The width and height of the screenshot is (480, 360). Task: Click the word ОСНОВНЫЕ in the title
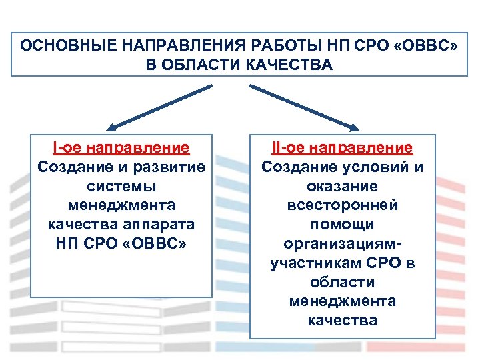click(61, 46)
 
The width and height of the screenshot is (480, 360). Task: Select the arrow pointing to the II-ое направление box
click(303, 107)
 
